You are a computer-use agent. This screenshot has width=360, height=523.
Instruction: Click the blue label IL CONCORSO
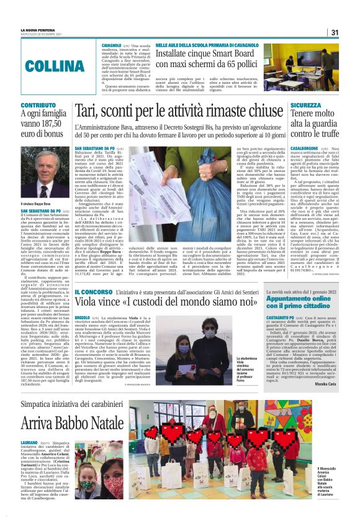(x=93, y=291)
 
